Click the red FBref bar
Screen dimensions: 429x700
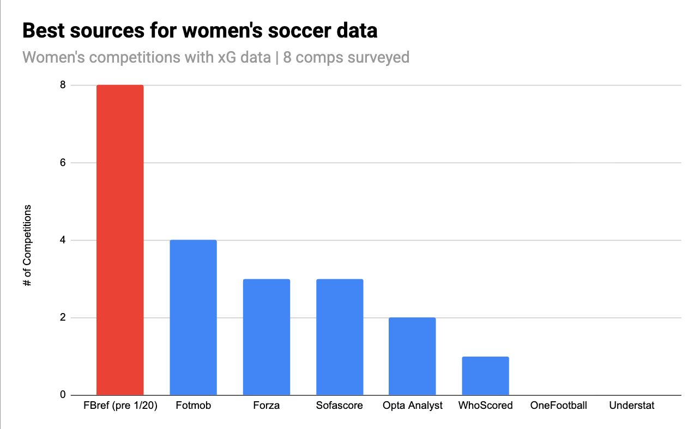tap(120, 240)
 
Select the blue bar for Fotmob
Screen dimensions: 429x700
tap(193, 317)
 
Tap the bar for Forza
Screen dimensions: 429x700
tap(266, 337)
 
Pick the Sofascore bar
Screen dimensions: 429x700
tap(340, 337)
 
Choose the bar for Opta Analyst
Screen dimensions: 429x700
tap(412, 356)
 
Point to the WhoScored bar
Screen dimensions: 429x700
tap(485, 376)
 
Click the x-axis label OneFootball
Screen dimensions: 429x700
tap(558, 406)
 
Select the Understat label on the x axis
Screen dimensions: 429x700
tap(632, 406)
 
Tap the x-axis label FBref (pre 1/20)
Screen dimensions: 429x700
tap(120, 406)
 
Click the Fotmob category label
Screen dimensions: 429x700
tap(193, 406)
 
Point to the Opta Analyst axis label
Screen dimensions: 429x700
tap(412, 406)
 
